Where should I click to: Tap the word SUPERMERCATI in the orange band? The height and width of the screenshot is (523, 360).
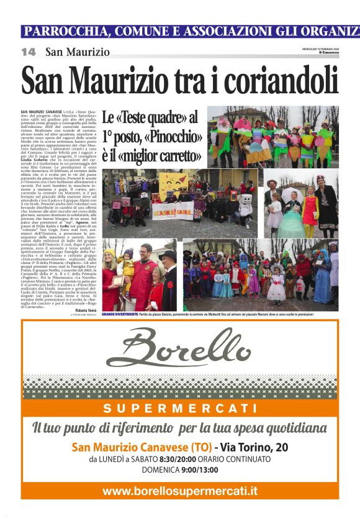point(180,408)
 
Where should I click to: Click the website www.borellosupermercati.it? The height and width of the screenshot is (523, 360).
point(180,491)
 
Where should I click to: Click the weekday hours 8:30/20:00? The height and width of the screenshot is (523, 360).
point(177,460)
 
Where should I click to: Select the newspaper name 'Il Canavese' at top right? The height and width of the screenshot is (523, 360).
point(329,53)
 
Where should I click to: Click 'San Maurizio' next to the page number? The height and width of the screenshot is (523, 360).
point(78,53)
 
